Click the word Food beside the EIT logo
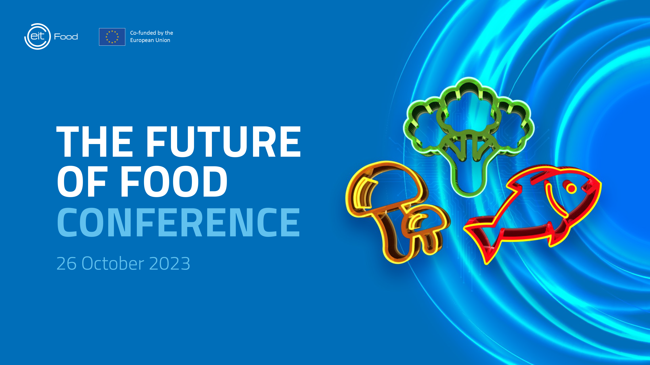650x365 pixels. [x=66, y=37]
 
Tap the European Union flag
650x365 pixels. [x=112, y=37]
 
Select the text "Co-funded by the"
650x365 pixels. [x=152, y=33]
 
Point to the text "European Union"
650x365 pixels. [x=150, y=40]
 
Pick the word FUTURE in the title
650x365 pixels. [x=224, y=142]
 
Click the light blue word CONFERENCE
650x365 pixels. [x=179, y=222]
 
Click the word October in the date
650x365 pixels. [x=113, y=263]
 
